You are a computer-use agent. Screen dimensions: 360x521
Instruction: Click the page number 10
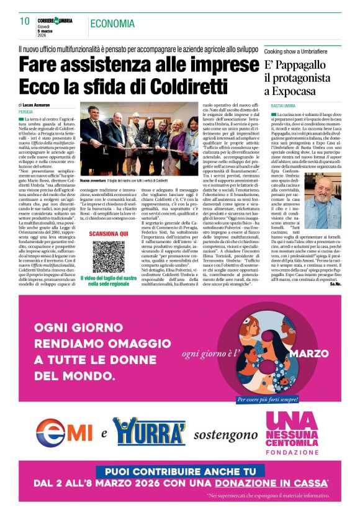click(24, 21)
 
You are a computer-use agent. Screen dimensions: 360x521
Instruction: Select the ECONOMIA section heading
click(112, 24)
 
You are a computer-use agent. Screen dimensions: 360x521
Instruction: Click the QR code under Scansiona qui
click(109, 257)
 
